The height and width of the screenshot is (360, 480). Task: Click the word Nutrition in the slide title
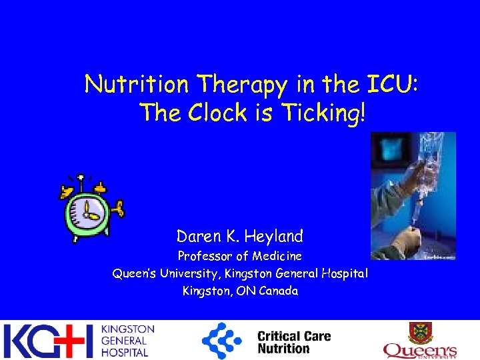[137, 85]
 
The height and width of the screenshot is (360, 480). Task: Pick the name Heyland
[274, 236]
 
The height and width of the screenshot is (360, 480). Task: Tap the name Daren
[196, 236]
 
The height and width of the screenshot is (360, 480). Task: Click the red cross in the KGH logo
[71, 341]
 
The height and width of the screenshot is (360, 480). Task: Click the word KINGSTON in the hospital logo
[127, 329]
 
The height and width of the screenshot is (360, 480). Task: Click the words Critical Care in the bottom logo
[293, 336]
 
